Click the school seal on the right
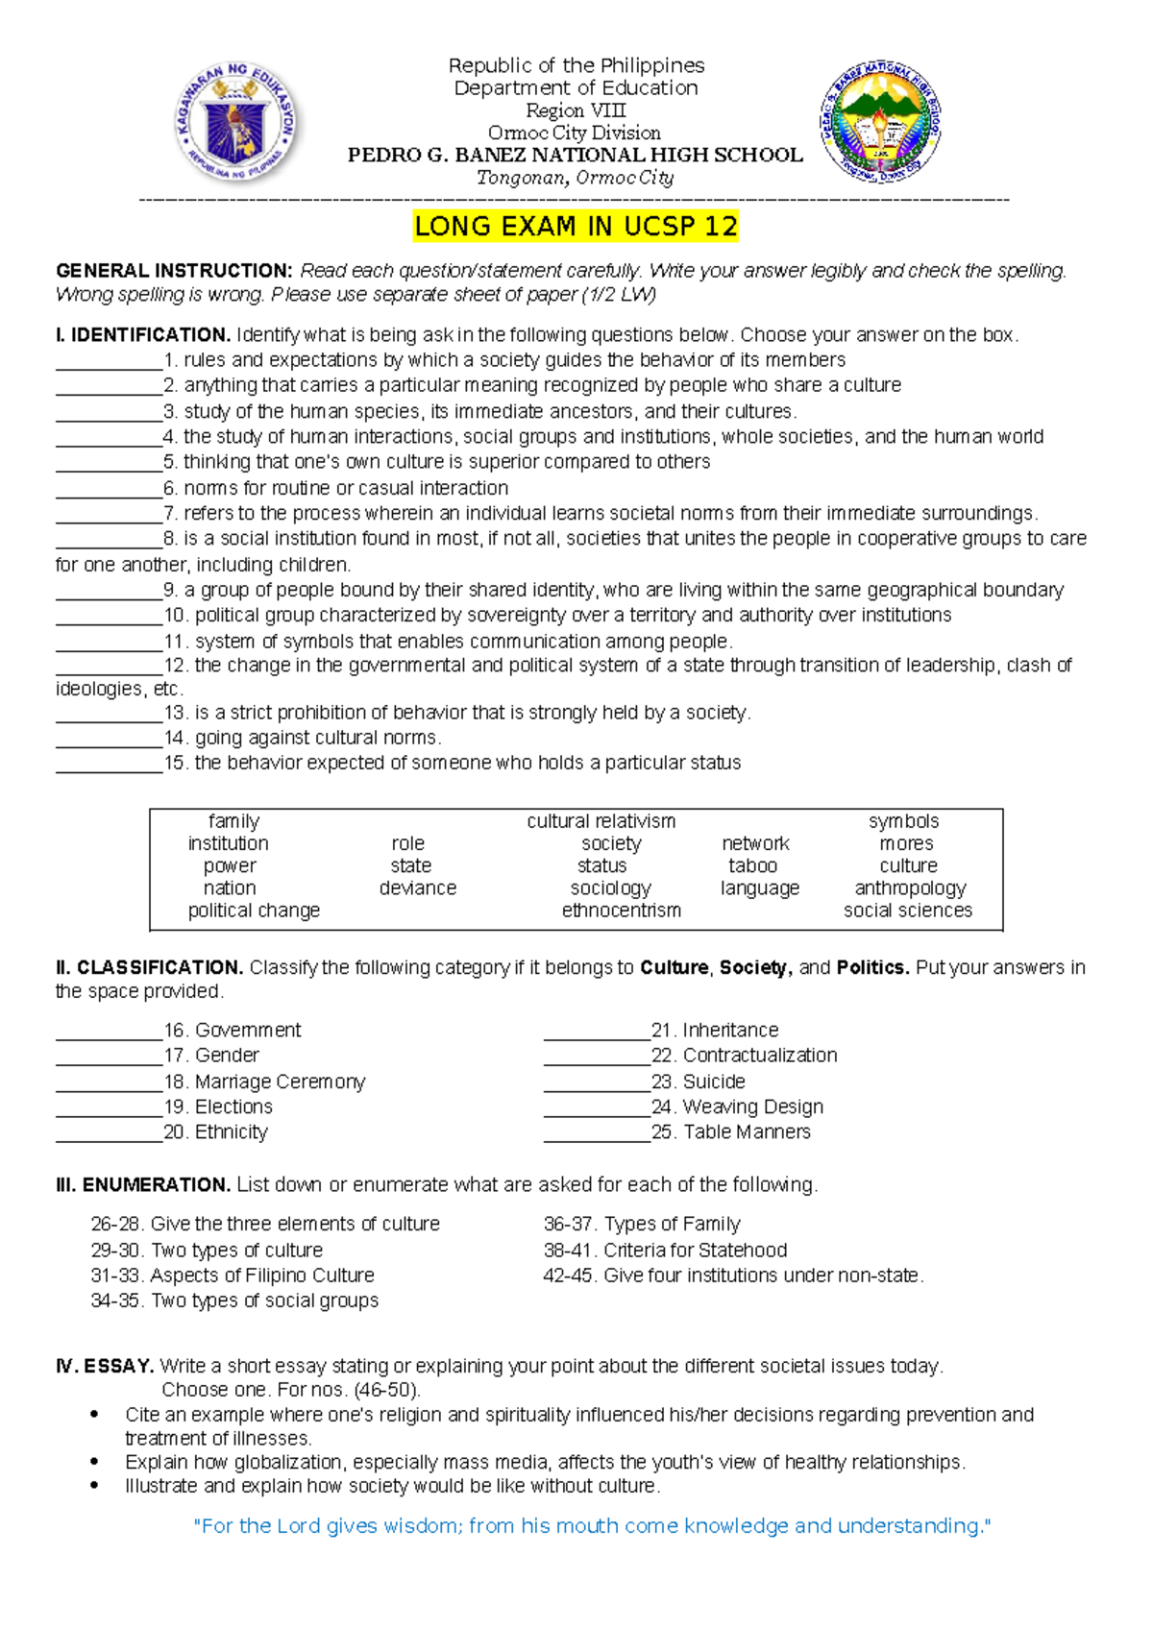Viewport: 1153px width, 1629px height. pyautogui.click(x=879, y=123)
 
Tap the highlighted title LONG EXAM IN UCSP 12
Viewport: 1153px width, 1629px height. pyautogui.click(x=576, y=227)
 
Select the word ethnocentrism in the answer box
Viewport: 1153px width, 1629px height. pyautogui.click(x=621, y=910)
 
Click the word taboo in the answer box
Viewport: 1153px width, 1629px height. pyautogui.click(x=752, y=865)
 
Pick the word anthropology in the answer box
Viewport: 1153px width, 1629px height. pyautogui.click(x=909, y=887)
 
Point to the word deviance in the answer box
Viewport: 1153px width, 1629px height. pyautogui.click(x=417, y=887)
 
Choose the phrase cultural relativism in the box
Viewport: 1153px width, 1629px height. pyautogui.click(x=601, y=821)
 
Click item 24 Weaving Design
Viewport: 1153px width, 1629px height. pyautogui.click(x=738, y=1106)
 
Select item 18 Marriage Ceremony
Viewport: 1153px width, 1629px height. pyautogui.click(x=265, y=1082)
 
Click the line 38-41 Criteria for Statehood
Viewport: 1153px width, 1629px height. pyautogui.click(x=665, y=1250)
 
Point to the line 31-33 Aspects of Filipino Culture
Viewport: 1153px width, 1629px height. pyautogui.click(x=233, y=1275)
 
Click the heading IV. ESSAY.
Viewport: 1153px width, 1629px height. pyautogui.click(x=105, y=1365)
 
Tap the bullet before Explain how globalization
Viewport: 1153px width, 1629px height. pyautogui.click(x=94, y=1462)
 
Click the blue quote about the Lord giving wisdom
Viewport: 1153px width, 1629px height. pyautogui.click(x=591, y=1525)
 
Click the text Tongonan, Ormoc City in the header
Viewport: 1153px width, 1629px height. pyautogui.click(x=576, y=178)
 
